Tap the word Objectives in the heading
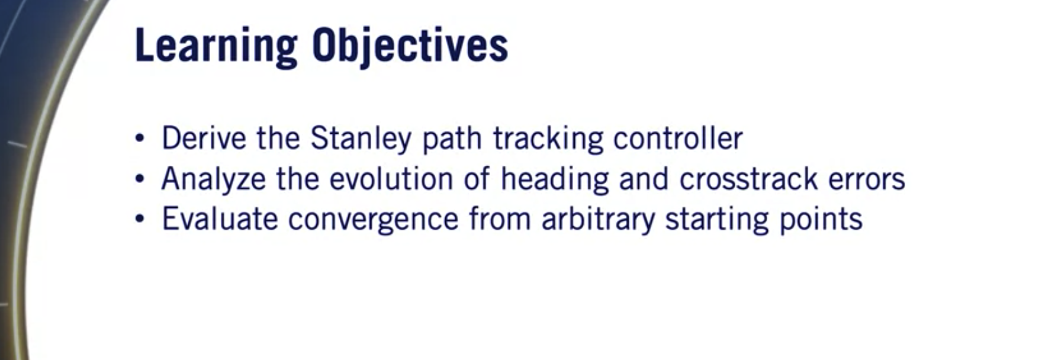click(410, 46)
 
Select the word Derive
click(204, 139)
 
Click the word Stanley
click(361, 139)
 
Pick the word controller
click(678, 139)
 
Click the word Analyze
click(213, 179)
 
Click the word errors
click(867, 179)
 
